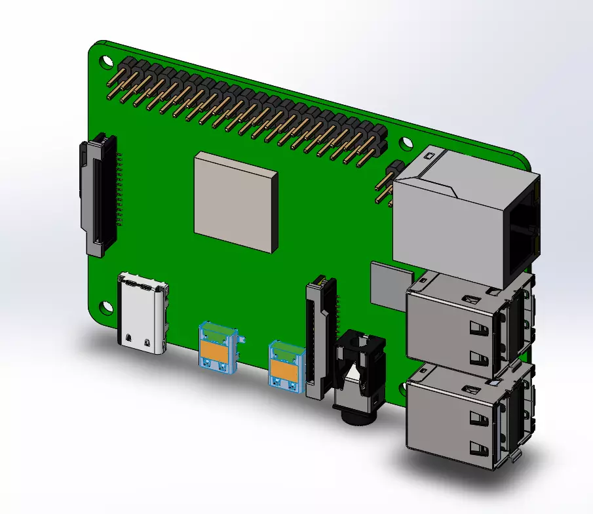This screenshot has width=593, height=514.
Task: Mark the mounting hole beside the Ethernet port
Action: point(406,142)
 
